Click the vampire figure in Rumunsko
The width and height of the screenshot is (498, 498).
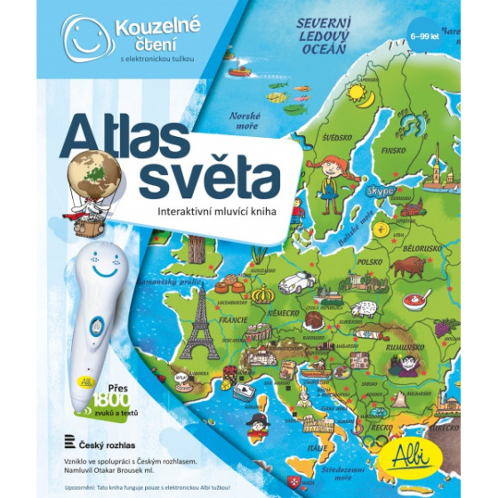coord(409,365)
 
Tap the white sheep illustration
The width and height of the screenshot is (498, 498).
coord(363,309)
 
